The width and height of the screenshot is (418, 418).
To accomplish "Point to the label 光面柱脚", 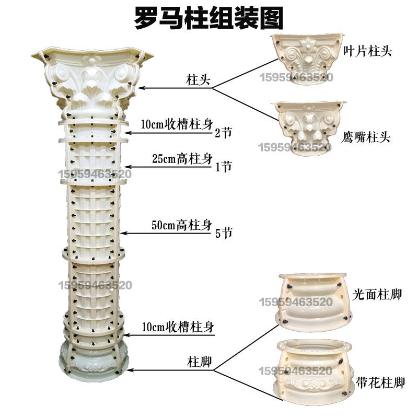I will coord(377,294).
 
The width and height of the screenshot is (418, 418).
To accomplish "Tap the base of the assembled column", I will coord(92,361).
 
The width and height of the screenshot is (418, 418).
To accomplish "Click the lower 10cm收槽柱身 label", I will coord(178,327).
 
